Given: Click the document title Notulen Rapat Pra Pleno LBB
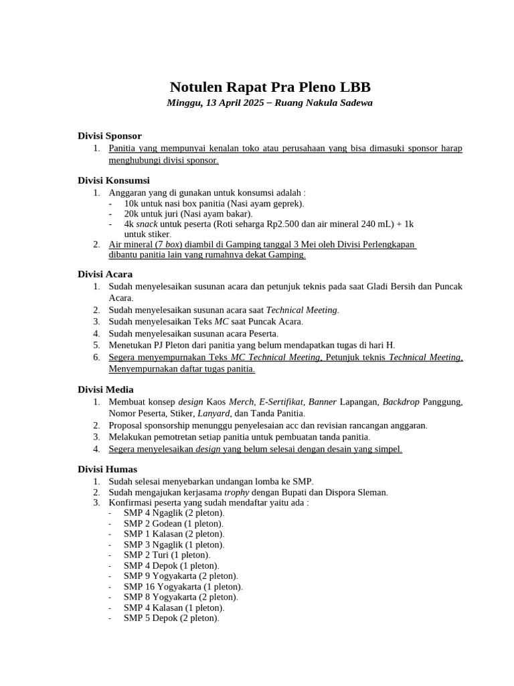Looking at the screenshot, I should pos(270,87).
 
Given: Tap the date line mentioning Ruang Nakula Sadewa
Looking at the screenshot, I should pos(270,103).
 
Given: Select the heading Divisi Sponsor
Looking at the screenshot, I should pos(109,136).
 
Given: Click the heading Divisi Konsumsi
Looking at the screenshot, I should pos(114,180).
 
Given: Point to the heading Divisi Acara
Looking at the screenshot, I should pos(105,274).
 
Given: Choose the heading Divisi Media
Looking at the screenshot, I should pos(106,389).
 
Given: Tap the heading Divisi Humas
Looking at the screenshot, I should pos(107,469).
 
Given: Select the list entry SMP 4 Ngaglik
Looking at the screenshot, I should pos(174,512).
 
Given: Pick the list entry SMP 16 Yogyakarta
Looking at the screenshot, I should pos(183,586).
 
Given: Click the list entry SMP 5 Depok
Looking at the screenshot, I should pos(171,618).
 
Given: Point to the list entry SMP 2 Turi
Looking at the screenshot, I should pos(167,555).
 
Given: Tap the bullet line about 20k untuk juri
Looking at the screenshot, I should pos(188,213).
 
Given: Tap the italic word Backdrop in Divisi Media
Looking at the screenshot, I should pos(401,402).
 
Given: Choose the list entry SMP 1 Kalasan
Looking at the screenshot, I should pos(174,534).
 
